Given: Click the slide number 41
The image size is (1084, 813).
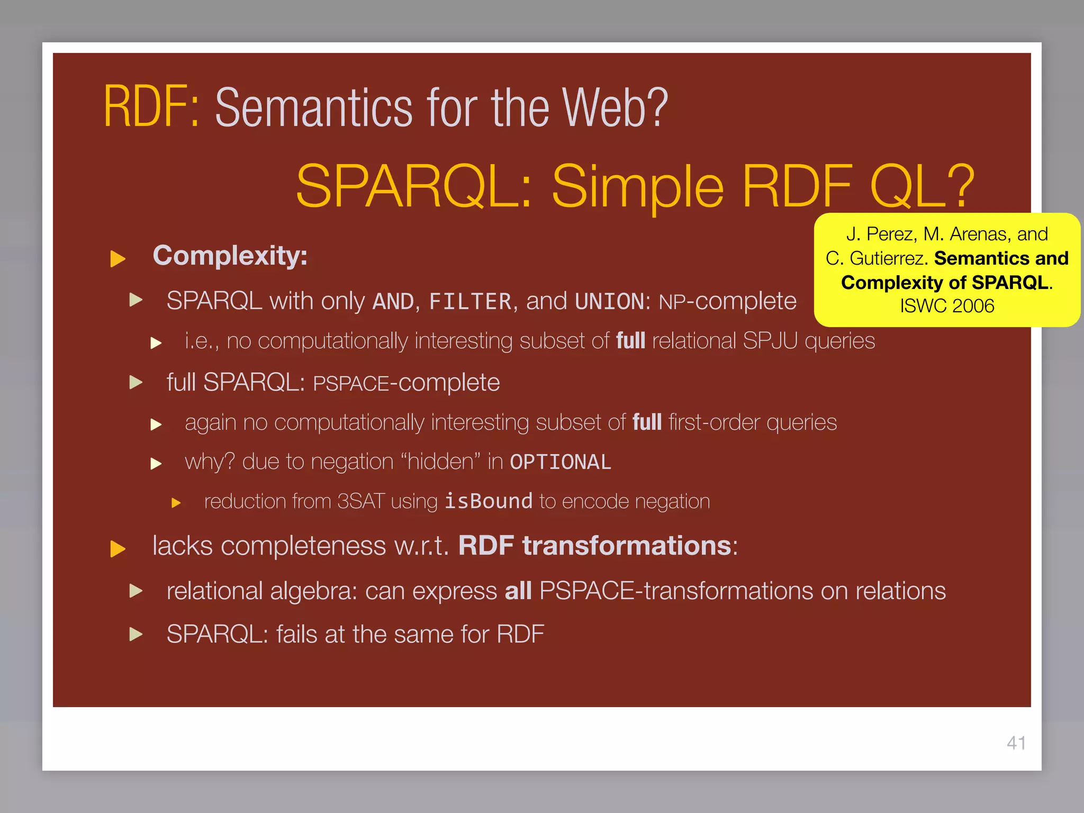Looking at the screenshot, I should (x=1016, y=743).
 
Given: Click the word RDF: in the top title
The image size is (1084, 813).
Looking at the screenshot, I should (x=151, y=107).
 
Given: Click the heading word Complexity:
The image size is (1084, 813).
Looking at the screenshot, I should (x=230, y=256).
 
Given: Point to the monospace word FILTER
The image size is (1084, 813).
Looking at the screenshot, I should (x=470, y=302).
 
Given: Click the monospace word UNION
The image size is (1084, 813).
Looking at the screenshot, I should (x=609, y=302).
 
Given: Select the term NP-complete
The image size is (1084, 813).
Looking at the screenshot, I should (x=727, y=302).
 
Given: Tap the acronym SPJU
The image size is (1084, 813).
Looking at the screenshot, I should (x=770, y=341).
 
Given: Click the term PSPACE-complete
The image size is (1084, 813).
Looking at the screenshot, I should (x=406, y=383).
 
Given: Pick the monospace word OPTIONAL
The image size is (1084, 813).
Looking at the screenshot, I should (x=560, y=462).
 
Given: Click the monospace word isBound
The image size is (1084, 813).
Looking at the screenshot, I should (x=488, y=501).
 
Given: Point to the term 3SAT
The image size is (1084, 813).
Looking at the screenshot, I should (x=360, y=501).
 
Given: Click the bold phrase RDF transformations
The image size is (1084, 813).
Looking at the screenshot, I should (x=594, y=546).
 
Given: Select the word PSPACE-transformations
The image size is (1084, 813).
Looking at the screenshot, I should (x=676, y=591).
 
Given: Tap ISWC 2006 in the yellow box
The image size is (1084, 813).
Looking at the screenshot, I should (x=947, y=306).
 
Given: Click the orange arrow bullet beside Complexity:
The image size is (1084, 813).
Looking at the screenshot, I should (x=118, y=259).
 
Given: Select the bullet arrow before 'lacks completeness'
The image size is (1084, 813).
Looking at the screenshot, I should (x=118, y=549).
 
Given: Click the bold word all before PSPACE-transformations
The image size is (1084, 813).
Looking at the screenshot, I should (x=518, y=591).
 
